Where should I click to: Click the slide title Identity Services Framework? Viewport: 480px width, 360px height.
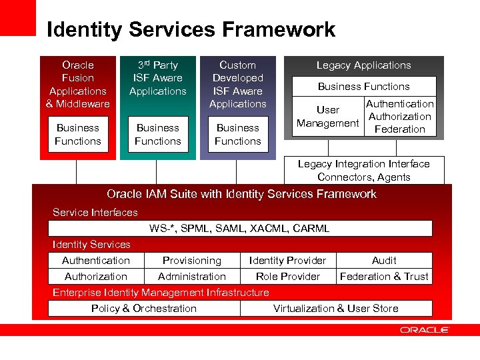pyautogui.click(x=191, y=30)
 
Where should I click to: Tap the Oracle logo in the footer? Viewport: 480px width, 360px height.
pyautogui.click(x=425, y=329)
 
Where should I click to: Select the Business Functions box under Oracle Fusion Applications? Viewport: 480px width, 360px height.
pyautogui.click(x=78, y=135)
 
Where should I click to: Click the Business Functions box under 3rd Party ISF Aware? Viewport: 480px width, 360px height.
pyautogui.click(x=158, y=135)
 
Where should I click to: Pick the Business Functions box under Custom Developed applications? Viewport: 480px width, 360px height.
pyautogui.click(x=238, y=135)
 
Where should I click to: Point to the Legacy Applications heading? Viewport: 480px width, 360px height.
pyautogui.click(x=363, y=65)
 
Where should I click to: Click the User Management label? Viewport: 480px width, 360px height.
pyautogui.click(x=327, y=117)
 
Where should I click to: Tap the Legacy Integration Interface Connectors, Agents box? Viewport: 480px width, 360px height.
pyautogui.click(x=363, y=171)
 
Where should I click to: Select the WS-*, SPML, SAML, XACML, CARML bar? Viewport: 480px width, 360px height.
pyautogui.click(x=239, y=229)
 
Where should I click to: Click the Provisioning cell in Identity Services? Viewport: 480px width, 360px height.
pyautogui.click(x=192, y=261)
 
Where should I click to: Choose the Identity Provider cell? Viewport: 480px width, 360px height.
pyautogui.click(x=287, y=261)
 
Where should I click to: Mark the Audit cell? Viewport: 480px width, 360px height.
pyautogui.click(x=384, y=261)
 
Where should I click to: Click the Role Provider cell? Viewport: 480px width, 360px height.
pyautogui.click(x=287, y=277)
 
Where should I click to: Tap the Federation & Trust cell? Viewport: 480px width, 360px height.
pyautogui.click(x=384, y=277)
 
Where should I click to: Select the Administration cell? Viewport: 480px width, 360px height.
pyautogui.click(x=192, y=277)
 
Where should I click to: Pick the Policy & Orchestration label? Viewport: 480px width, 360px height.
pyautogui.click(x=144, y=309)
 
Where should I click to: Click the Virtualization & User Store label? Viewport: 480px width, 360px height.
pyautogui.click(x=336, y=309)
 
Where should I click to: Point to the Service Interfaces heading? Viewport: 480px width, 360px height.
pyautogui.click(x=95, y=213)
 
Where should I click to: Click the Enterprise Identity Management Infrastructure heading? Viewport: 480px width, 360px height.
pyautogui.click(x=161, y=293)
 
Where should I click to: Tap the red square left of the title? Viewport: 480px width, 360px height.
pyautogui.click(x=17, y=17)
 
